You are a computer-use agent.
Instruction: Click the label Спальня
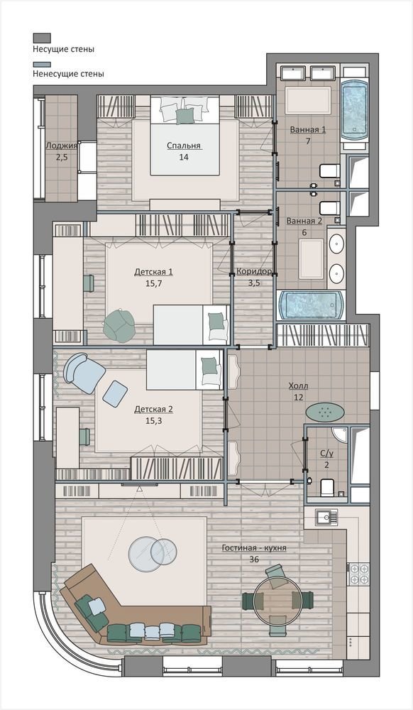click(x=184, y=146)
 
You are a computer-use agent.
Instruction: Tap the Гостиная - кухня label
click(x=254, y=548)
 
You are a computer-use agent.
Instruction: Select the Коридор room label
click(x=254, y=272)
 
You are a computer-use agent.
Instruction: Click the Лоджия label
click(x=62, y=146)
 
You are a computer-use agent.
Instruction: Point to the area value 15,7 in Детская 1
click(x=154, y=284)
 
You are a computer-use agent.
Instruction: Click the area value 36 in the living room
click(x=254, y=559)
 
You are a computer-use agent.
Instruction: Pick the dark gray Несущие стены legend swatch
click(x=42, y=38)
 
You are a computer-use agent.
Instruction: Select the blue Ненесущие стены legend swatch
click(x=42, y=65)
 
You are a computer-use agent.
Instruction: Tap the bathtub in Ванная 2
click(x=310, y=305)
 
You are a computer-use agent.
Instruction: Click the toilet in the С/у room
click(x=326, y=488)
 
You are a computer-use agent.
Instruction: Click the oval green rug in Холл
click(x=324, y=412)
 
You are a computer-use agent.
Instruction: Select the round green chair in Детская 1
click(x=119, y=324)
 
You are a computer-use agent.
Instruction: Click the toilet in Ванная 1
click(x=329, y=170)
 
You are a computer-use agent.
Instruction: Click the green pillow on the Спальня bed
click(x=185, y=116)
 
